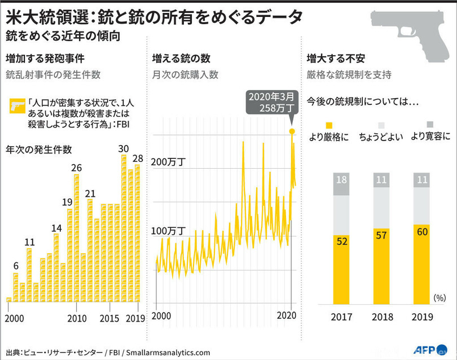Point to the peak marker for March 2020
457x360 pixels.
(292, 131)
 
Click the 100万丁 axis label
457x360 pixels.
(170, 231)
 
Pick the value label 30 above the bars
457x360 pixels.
(124, 149)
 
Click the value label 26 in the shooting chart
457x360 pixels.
(76, 168)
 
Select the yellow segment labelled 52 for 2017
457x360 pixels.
(341, 269)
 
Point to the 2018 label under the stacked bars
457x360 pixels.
(381, 317)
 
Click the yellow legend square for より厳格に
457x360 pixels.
(329, 125)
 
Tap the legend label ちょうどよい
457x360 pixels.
(381, 136)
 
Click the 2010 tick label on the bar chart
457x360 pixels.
(77, 318)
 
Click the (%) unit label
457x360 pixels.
(440, 297)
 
